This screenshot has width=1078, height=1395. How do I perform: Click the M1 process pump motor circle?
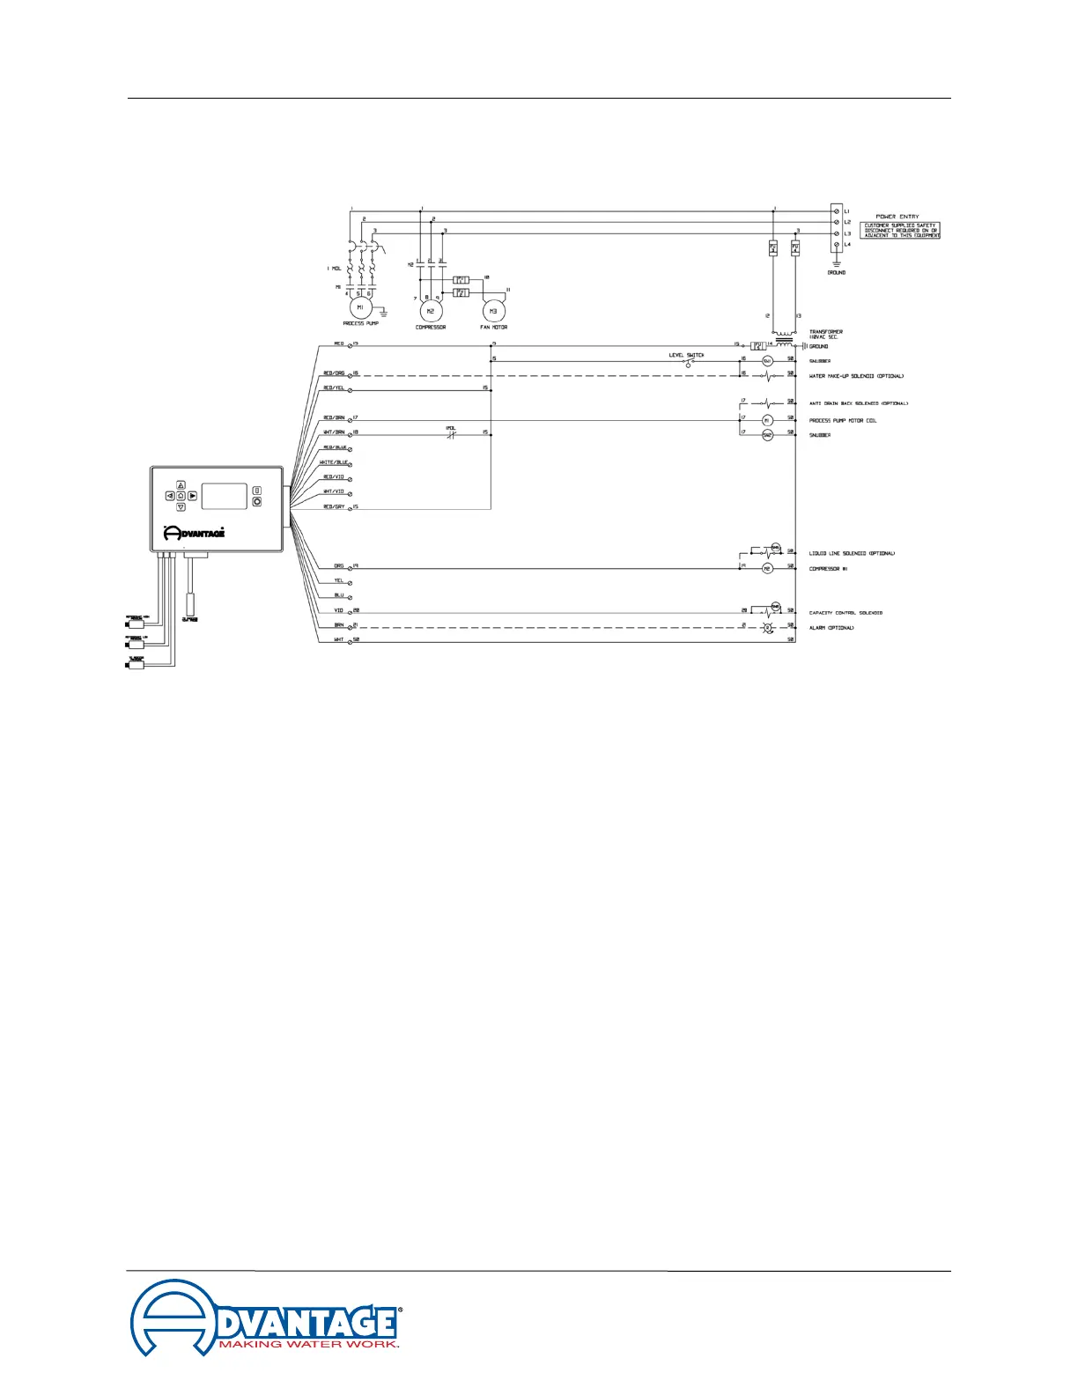(360, 307)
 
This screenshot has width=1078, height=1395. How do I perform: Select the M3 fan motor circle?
(493, 311)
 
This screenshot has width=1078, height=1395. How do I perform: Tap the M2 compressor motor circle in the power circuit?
(430, 311)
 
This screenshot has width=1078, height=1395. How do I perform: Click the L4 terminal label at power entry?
(847, 245)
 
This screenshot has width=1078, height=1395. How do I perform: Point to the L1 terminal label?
(847, 211)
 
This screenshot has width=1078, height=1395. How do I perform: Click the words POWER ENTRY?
(897, 217)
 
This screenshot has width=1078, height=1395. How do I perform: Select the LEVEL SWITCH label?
(686, 355)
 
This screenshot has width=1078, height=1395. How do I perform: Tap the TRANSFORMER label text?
(826, 332)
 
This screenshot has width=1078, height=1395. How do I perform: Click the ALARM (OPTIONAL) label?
(831, 628)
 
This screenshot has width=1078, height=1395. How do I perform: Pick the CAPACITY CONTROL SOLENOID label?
(845, 613)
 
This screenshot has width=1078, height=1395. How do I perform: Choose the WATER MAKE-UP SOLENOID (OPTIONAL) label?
(856, 376)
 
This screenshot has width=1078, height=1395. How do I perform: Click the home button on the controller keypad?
(181, 496)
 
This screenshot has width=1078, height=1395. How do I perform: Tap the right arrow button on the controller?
(192, 496)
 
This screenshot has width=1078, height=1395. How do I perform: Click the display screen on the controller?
(224, 496)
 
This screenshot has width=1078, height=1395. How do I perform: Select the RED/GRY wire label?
(334, 507)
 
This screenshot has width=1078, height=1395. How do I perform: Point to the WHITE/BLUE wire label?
(334, 462)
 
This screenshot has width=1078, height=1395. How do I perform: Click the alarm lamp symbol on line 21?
(766, 626)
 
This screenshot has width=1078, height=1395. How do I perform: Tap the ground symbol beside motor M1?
(382, 311)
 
